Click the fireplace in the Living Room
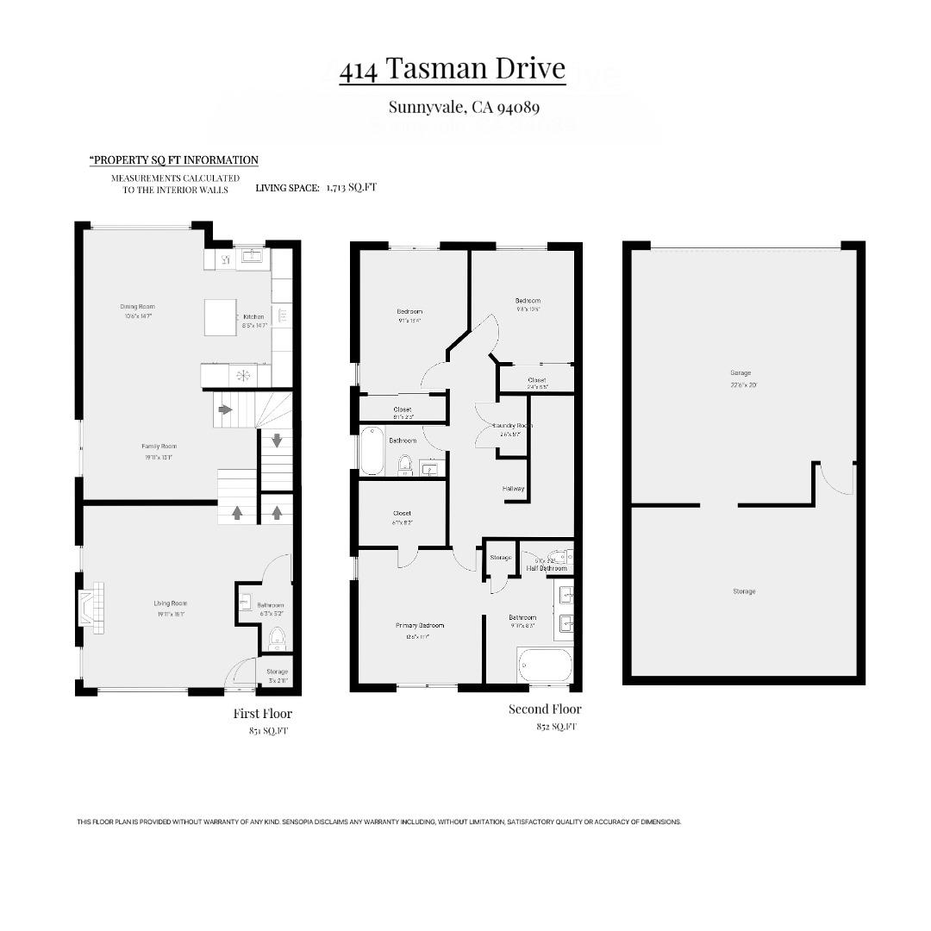click(x=91, y=608)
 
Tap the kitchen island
click(x=221, y=317)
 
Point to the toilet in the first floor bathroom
click(x=277, y=639)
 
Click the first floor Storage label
click(x=277, y=672)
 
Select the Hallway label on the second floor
click(x=514, y=489)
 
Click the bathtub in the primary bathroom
click(x=545, y=665)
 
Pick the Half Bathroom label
click(x=547, y=568)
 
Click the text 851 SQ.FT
click(x=268, y=731)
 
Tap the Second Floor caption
click(x=544, y=709)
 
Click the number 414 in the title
click(x=358, y=70)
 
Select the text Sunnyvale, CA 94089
click(x=464, y=108)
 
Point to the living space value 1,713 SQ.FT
click(x=351, y=187)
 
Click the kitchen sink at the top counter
click(x=253, y=257)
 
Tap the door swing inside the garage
click(x=837, y=479)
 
